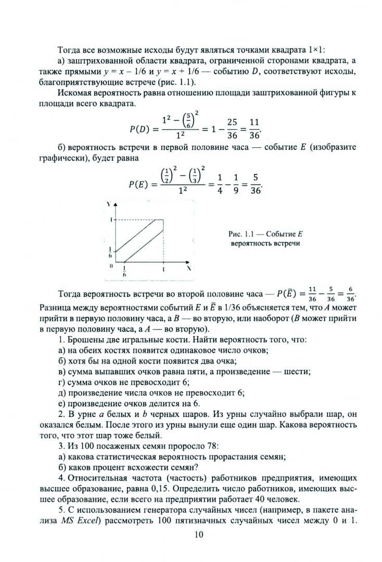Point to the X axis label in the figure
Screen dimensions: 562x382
click(x=189, y=267)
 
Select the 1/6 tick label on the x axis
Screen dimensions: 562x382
click(x=124, y=271)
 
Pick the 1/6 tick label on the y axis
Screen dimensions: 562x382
click(x=110, y=252)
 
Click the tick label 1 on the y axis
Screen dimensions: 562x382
click(x=110, y=220)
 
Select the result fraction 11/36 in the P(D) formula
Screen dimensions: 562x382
click(x=254, y=129)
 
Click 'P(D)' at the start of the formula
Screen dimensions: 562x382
click(x=139, y=129)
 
